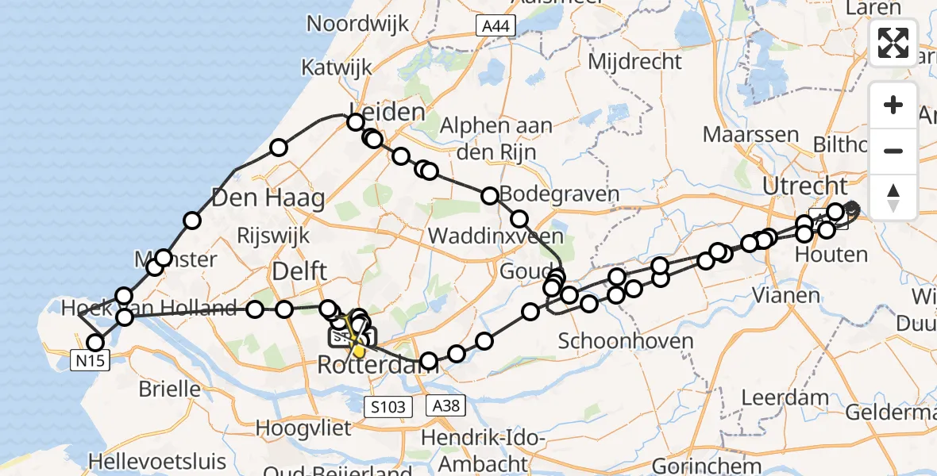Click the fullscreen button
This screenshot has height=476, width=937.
click(x=893, y=43)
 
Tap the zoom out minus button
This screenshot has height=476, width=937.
click(x=893, y=151)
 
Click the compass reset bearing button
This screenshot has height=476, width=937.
click(x=893, y=197)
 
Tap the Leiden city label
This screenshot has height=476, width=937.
click(x=387, y=113)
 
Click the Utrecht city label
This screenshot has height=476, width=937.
click(x=804, y=187)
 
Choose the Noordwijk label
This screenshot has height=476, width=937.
click(x=357, y=23)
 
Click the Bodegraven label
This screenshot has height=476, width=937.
click(x=548, y=194)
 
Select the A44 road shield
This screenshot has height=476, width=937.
click(x=496, y=27)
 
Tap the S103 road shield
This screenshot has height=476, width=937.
click(x=389, y=407)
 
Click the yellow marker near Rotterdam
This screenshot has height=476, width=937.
click(x=359, y=350)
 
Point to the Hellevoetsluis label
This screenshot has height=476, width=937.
click(x=157, y=461)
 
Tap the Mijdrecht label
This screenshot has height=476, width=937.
click(x=635, y=60)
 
